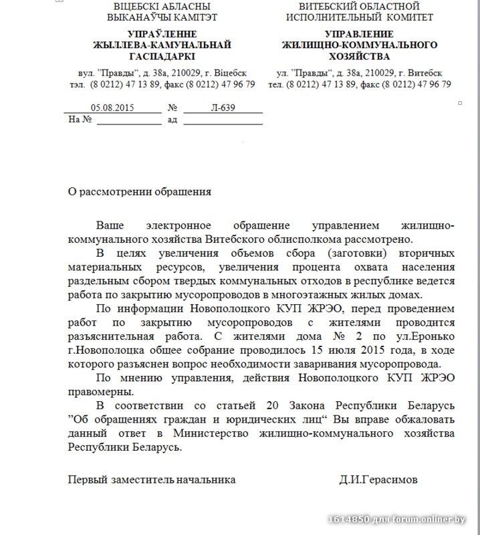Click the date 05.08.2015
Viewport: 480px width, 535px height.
tap(112, 108)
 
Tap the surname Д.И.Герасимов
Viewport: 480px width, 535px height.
tap(378, 480)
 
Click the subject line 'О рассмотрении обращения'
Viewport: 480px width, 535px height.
tap(140, 192)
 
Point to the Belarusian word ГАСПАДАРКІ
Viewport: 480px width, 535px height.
tap(162, 57)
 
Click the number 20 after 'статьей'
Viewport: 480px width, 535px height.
tap(272, 406)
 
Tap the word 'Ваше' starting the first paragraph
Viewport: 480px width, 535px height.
tap(110, 225)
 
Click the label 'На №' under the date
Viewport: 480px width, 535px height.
tap(79, 120)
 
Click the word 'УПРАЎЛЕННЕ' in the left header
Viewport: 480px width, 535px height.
tap(162, 34)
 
